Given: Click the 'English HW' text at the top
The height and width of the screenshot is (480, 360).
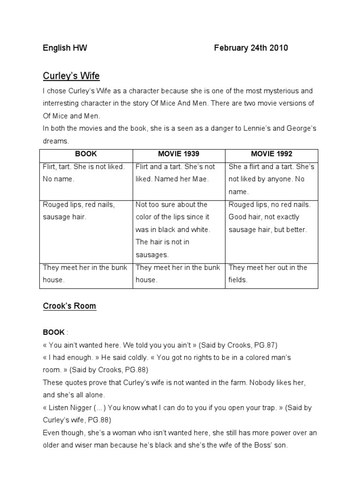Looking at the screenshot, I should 65,48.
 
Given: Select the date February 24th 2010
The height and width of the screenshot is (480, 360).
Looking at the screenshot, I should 251,48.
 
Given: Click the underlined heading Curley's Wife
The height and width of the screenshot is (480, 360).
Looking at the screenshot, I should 71,75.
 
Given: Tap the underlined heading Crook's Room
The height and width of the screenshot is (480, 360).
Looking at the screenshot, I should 69,306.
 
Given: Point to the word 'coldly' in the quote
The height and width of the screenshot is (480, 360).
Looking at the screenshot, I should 135,358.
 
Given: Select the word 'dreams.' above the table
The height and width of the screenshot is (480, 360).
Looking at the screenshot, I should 56,140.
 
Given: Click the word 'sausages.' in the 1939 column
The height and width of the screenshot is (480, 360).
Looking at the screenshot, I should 151,255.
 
